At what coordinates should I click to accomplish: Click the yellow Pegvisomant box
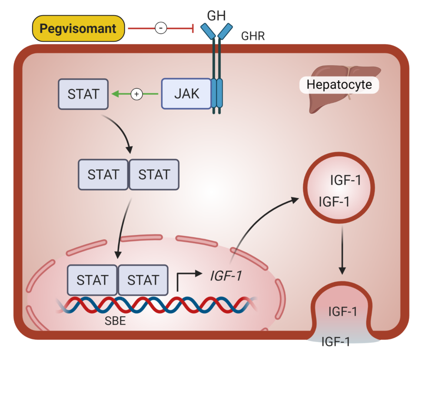tap(78, 29)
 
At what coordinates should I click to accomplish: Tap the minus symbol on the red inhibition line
tap(161, 29)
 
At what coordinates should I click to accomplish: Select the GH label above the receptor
tap(216, 16)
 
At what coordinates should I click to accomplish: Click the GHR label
tap(253, 36)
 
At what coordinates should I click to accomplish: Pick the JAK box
tap(186, 93)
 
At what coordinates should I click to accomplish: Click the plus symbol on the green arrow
tap(137, 93)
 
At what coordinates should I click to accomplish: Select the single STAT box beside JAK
tap(83, 94)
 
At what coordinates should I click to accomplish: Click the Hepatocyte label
tap(339, 84)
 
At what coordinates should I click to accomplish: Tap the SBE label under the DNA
tap(115, 322)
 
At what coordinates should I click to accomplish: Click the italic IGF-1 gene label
tap(226, 276)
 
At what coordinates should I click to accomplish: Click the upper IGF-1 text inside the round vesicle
tap(345, 180)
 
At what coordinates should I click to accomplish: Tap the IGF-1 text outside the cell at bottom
tap(335, 341)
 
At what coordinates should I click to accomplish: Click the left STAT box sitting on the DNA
tap(92, 280)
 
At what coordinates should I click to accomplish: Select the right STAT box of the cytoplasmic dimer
tap(154, 175)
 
